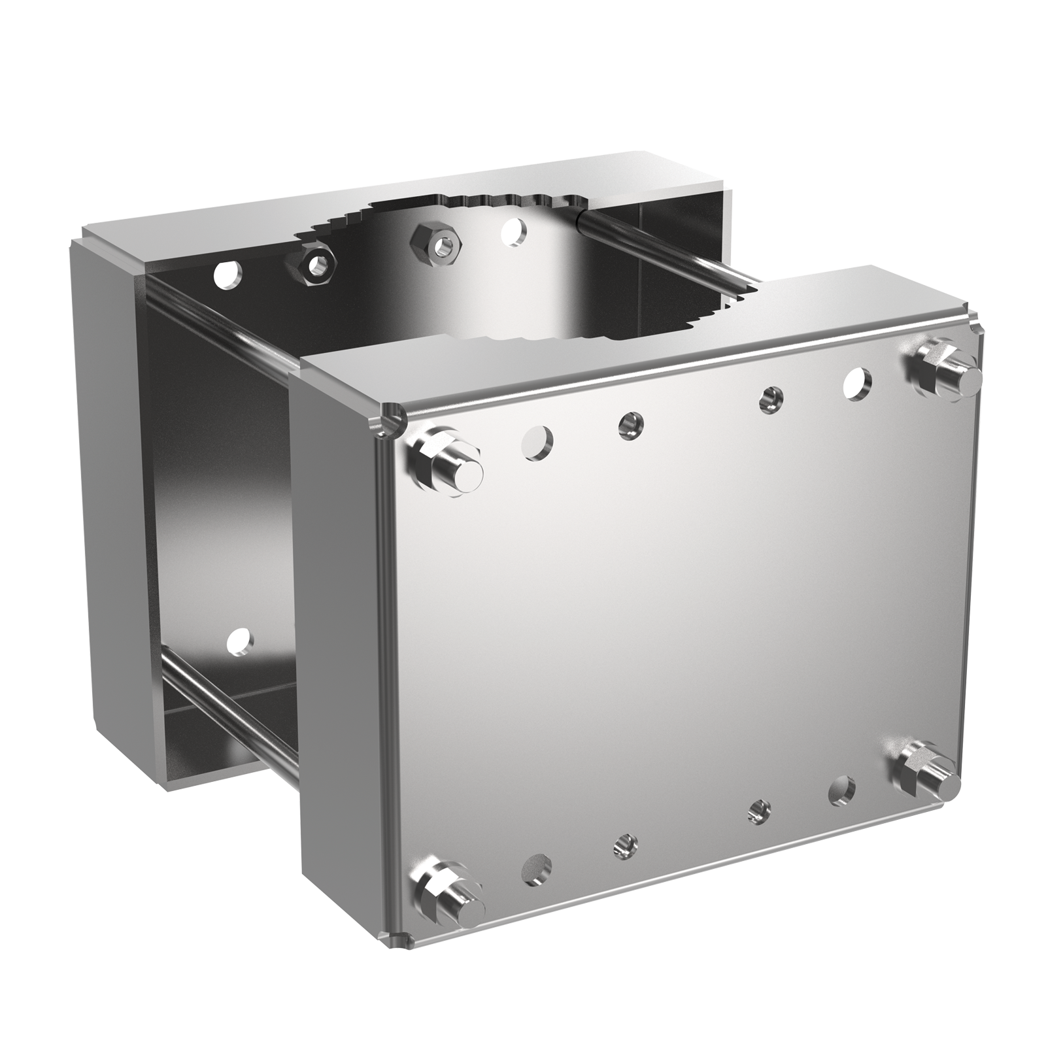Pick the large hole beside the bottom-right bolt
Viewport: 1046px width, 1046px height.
click(x=842, y=792)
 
